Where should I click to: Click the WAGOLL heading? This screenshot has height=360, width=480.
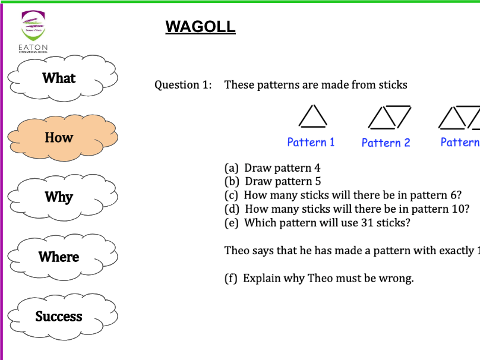[200, 27]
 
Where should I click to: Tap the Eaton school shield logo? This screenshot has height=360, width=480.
[33, 27]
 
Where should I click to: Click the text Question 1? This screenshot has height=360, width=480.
[183, 85]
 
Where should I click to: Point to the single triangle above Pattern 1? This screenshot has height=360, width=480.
[312, 116]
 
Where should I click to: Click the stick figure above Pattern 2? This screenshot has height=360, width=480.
[389, 116]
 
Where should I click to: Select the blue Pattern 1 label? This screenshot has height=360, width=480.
[311, 142]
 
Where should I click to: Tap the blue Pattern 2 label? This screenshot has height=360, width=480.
[386, 143]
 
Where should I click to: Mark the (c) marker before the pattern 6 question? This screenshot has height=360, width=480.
[232, 195]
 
